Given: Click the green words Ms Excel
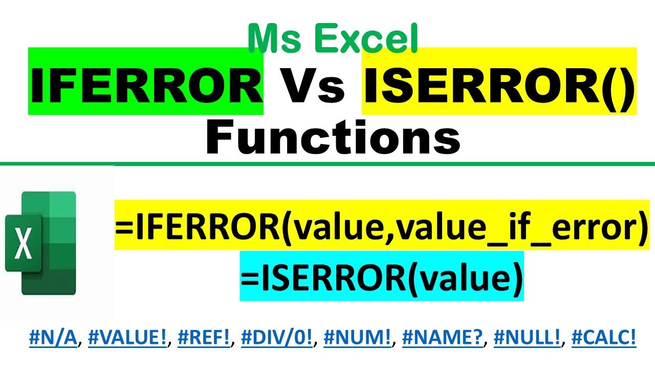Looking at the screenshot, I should (333, 39).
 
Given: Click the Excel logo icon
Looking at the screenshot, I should (41, 243).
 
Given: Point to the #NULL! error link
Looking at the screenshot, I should (525, 339).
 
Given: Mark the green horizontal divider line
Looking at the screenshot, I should (327, 164).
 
